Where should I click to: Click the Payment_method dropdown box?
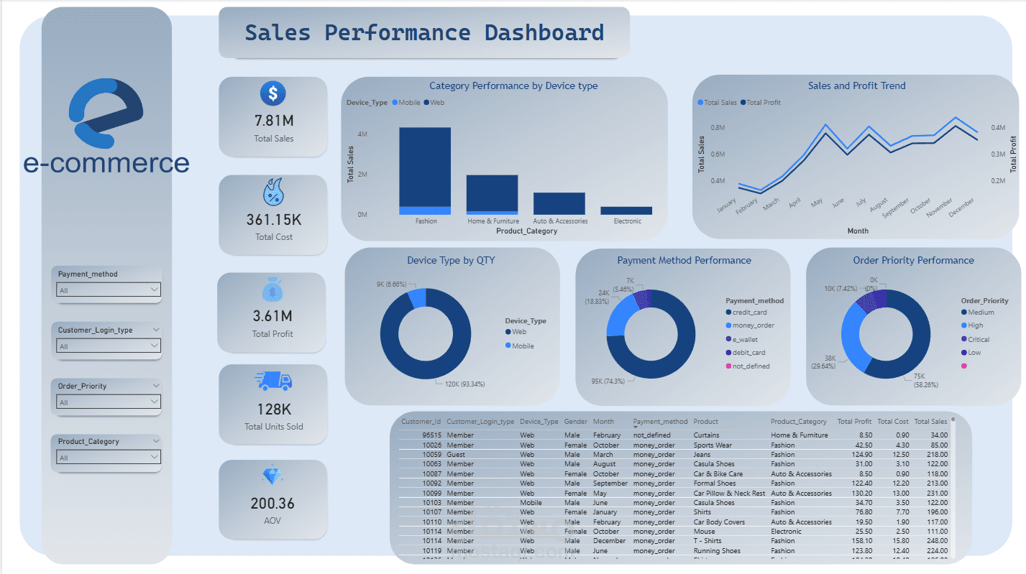pos(108,290)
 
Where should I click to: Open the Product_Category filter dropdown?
pos(108,458)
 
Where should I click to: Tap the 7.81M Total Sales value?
pos(273,121)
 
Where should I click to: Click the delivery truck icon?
pos(273,381)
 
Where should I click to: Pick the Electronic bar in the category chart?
pos(626,210)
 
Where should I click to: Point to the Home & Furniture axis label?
pos(493,221)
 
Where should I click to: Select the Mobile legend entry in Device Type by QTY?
pos(523,346)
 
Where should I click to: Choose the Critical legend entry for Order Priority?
pos(978,339)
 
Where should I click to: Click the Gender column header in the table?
pos(575,422)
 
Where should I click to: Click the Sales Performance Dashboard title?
pos(424,33)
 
